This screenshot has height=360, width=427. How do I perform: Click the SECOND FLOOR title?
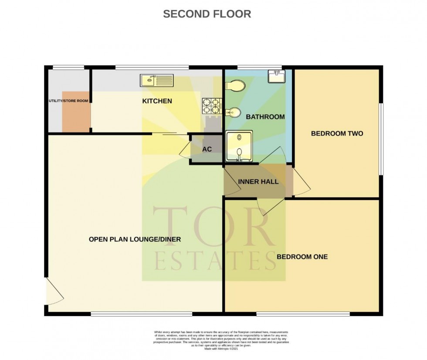pos(207,14)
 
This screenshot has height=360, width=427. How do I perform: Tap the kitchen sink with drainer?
pos(156,80)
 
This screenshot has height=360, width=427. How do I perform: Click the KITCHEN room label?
pos(157,101)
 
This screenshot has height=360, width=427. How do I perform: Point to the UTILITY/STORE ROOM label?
pos(68,101)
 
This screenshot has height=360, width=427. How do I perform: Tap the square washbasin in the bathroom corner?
pos(276,77)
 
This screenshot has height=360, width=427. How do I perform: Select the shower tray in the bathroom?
pos(239,146)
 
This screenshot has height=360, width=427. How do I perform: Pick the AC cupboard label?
pos(207,149)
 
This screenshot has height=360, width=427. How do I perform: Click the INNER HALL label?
pos(258,182)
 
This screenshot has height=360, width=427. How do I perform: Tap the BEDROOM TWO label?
pos(337,133)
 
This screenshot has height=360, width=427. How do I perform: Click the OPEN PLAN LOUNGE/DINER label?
pos(135,239)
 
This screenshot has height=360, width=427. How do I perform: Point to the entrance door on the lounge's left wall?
pos(53,291)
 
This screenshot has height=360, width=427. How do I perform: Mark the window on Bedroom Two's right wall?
pos(380,139)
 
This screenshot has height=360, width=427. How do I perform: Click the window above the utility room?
pos(68,67)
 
